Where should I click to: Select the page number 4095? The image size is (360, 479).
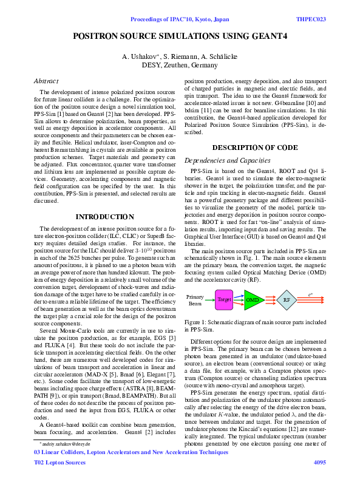319,463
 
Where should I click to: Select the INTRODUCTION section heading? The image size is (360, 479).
104,217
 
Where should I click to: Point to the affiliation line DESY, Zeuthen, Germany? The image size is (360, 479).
180,66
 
